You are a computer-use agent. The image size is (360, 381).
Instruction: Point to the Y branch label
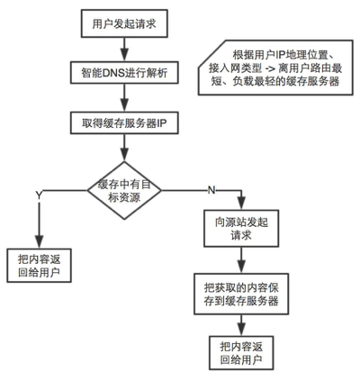pos(38,195)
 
